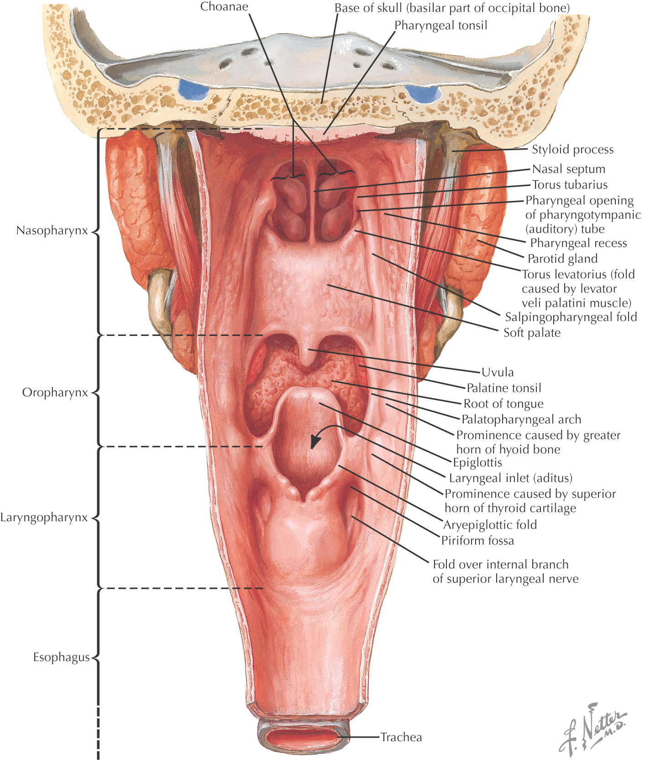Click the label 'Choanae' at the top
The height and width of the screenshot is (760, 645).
[x=224, y=7]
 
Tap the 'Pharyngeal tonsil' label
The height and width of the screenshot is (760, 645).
[x=441, y=26]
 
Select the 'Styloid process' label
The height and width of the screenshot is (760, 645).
[x=572, y=150]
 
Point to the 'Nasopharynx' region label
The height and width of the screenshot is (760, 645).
[x=52, y=231]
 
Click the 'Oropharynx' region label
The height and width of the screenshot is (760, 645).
[x=55, y=393]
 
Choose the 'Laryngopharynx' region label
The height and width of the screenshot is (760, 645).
[x=44, y=518]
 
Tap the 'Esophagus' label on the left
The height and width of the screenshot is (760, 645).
[x=61, y=657]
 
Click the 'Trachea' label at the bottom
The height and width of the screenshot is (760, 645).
[x=401, y=737]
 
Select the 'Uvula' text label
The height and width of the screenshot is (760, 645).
[x=498, y=372]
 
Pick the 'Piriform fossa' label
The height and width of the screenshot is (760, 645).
[x=477, y=541]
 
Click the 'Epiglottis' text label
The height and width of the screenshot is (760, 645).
[x=477, y=463]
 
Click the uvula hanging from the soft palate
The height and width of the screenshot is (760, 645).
[x=308, y=356]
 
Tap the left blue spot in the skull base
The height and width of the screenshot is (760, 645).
[x=193, y=89]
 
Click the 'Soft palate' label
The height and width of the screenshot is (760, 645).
[x=532, y=333]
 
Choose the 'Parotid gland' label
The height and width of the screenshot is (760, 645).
[x=562, y=259]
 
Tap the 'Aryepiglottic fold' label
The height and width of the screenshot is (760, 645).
[x=490, y=525]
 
